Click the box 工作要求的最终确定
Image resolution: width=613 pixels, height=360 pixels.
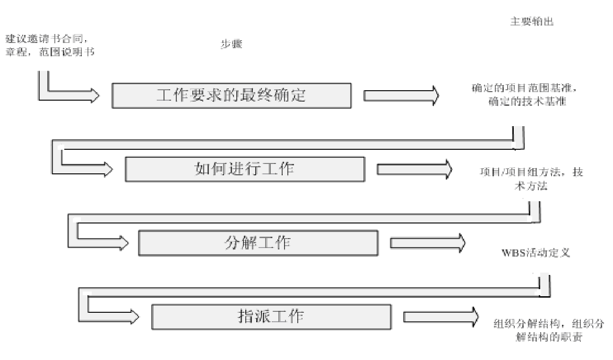[x=232, y=95]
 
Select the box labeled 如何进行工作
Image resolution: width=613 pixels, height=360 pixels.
[x=245, y=169]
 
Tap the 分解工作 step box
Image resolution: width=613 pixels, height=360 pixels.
[x=258, y=243]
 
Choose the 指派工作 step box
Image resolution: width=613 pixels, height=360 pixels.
[x=271, y=317]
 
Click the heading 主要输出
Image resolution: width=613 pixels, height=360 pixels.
[x=527, y=23]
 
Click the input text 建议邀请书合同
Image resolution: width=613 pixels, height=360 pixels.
[x=46, y=38]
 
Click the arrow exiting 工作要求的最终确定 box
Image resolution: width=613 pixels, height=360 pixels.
[x=401, y=95]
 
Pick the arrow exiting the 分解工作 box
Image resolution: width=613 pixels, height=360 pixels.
[x=427, y=243]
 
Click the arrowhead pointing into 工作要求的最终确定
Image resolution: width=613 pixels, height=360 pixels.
[x=93, y=95]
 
